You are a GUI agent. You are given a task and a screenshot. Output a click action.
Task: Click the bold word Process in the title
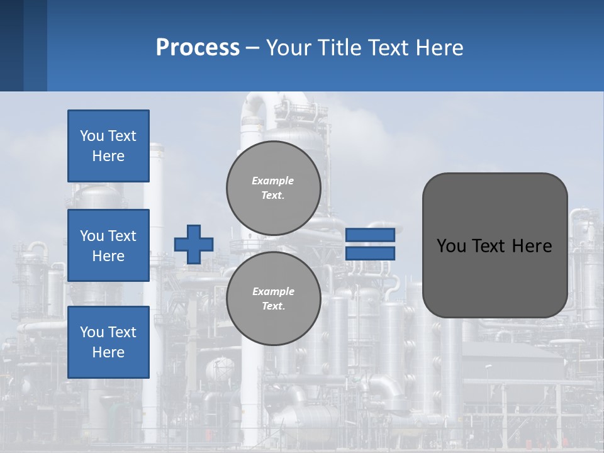198,48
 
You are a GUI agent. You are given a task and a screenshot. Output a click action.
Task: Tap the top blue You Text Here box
108,146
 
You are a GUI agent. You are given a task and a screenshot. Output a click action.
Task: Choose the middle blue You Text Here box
108,245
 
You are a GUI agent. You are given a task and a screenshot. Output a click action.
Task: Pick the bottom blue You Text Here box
108,342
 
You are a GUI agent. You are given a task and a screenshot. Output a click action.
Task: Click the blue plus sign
194,244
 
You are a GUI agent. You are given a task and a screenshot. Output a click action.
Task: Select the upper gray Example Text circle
273,188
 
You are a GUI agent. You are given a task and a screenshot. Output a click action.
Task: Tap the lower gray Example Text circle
273,299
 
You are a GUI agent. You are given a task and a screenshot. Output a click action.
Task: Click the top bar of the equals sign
370,235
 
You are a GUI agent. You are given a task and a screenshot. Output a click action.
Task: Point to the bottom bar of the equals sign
370,254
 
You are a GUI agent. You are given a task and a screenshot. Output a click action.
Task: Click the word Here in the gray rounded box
532,246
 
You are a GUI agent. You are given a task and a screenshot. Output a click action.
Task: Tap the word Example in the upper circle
273,181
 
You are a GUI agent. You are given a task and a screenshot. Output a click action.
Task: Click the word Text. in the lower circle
273,306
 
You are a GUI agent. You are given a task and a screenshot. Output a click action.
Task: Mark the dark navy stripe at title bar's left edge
11,45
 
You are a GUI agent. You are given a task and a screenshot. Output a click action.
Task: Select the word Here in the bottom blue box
108,352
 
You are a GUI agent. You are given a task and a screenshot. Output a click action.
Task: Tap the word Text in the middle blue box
123,236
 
